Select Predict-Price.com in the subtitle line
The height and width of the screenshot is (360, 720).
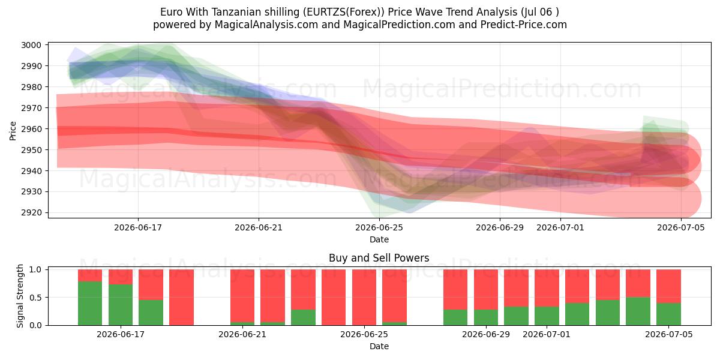tap(524, 25)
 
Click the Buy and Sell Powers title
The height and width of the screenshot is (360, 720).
tap(379, 258)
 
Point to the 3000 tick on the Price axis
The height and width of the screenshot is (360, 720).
tap(31, 45)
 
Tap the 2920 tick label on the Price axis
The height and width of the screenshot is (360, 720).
tap(31, 212)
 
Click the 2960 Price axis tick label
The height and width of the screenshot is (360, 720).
tap(31, 129)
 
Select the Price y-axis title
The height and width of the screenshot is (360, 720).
tap(13, 131)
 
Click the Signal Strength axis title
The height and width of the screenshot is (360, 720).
tap(20, 296)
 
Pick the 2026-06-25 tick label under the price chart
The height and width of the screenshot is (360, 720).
tap(379, 227)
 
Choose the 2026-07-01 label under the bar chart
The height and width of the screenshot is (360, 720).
tap(547, 334)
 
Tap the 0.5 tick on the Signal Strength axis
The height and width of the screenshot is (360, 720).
tap(35, 298)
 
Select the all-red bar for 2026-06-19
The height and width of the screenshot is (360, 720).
tap(182, 298)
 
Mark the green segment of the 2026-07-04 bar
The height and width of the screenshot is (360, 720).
tap(638, 311)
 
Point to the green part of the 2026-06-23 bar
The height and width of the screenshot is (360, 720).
tap(304, 317)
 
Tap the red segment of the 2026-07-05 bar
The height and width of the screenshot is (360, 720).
tap(668, 286)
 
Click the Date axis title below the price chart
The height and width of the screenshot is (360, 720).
tap(379, 239)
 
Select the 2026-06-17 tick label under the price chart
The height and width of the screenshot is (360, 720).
tap(138, 227)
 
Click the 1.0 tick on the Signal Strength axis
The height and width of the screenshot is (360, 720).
tap(35, 269)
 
